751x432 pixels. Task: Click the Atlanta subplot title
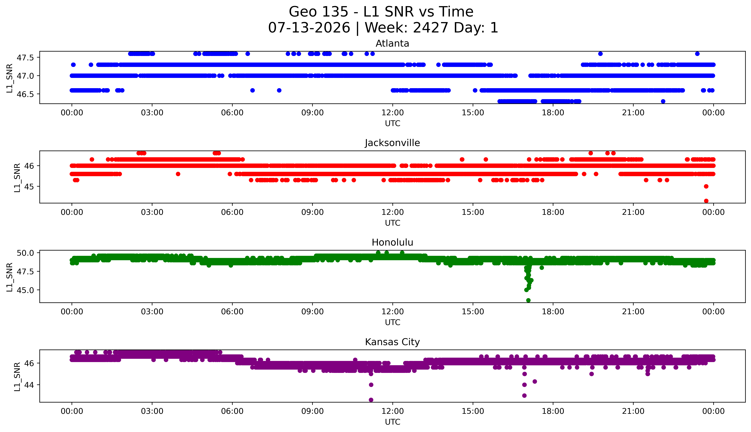point(392,44)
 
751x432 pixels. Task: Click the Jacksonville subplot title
point(392,143)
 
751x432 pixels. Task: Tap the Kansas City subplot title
point(392,342)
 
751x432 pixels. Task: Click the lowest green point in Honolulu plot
point(528,300)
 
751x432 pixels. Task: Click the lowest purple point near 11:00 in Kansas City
point(371,400)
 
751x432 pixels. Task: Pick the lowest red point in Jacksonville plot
point(706,201)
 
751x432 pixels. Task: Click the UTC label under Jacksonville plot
point(392,223)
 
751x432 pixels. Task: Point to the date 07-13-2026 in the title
point(309,28)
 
